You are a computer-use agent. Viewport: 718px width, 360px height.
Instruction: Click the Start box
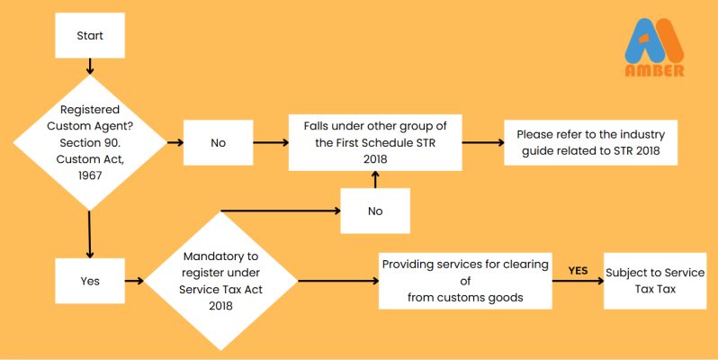pyautogui.click(x=89, y=37)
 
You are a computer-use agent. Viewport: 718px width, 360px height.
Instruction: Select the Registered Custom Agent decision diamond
pyautogui.click(x=90, y=142)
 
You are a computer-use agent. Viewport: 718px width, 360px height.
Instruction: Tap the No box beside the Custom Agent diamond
pyautogui.click(x=218, y=142)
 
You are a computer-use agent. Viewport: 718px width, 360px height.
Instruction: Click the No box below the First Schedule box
pyautogui.click(x=374, y=211)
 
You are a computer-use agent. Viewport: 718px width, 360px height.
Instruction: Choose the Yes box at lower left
pyautogui.click(x=90, y=281)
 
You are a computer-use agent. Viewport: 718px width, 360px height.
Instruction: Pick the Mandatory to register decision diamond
pyautogui.click(x=220, y=281)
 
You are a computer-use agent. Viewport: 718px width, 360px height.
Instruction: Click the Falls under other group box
pyautogui.click(x=374, y=142)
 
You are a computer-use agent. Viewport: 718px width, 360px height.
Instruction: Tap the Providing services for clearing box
pyautogui.click(x=464, y=281)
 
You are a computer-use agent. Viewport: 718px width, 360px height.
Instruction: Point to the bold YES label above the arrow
pyautogui.click(x=579, y=269)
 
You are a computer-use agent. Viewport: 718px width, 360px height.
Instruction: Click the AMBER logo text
pyautogui.click(x=654, y=70)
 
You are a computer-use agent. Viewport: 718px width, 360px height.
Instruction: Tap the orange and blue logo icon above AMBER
pyautogui.click(x=654, y=40)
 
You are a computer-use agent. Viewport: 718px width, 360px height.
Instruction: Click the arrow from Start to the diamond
pyautogui.click(x=89, y=67)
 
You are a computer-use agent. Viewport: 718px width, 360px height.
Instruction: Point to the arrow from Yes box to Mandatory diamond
pyautogui.click(x=134, y=281)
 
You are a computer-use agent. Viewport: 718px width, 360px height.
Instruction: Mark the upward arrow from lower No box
pyautogui.click(x=374, y=179)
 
